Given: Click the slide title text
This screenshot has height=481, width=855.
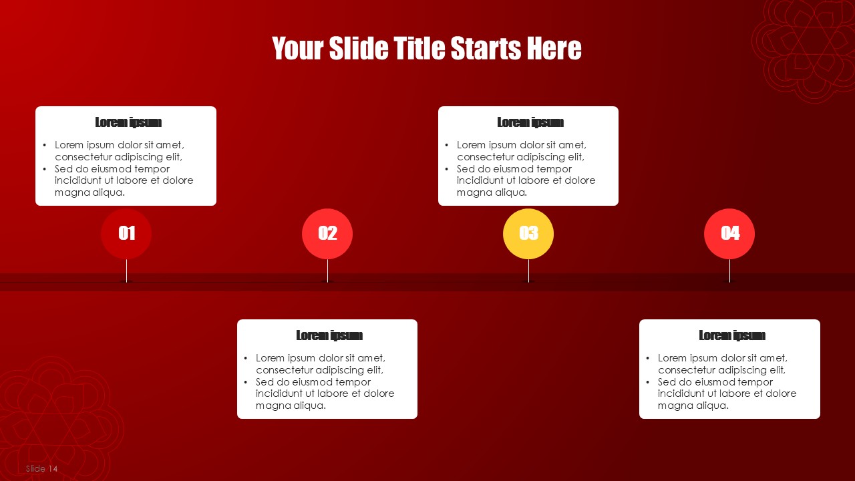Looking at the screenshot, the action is (426, 48).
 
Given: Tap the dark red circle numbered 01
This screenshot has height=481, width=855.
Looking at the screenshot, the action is (126, 234).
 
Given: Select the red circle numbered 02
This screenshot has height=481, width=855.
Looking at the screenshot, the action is (327, 234).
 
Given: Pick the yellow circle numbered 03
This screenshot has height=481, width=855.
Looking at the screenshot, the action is (528, 234).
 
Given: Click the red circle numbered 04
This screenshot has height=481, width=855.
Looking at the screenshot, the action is (729, 234).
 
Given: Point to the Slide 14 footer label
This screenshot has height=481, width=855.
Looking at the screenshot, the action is (41, 468).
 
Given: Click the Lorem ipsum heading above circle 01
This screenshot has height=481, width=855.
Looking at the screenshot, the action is (128, 122).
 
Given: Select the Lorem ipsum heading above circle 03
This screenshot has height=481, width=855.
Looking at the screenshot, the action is (530, 122).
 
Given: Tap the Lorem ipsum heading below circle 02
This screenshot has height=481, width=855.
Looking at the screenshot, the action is (329, 335).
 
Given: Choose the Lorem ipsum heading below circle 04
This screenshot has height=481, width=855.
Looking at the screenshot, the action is (732, 335).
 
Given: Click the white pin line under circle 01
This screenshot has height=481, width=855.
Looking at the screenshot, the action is (126, 271).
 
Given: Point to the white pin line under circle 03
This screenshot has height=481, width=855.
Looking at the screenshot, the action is (528, 271).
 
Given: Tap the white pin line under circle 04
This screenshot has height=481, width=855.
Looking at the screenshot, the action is (730, 271).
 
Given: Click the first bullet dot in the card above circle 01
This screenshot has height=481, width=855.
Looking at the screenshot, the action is (45, 145).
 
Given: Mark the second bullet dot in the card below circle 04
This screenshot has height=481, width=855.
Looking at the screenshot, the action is (648, 381).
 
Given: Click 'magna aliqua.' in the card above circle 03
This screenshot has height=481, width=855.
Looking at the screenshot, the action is (492, 192).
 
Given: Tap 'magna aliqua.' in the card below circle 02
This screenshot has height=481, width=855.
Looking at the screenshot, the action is (291, 406).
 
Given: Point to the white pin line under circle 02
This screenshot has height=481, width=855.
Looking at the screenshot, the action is (327, 271).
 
